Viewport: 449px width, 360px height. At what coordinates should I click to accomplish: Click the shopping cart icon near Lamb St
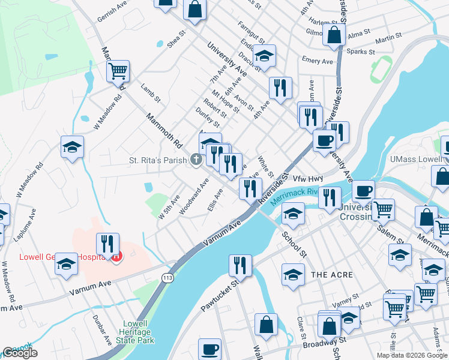118,71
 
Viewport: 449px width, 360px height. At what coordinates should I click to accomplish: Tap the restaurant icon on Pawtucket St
240,265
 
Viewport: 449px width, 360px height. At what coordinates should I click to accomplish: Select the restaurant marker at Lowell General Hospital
107,244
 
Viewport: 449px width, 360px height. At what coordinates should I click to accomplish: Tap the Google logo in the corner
20,353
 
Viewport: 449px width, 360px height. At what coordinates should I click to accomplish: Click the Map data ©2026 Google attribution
412,355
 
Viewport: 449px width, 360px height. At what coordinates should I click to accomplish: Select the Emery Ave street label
318,61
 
